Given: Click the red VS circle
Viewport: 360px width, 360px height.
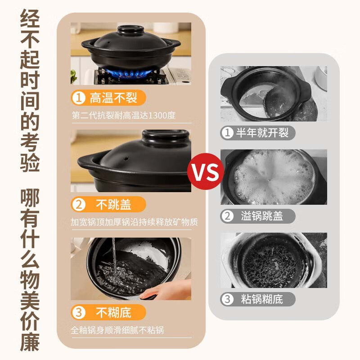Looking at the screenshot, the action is (x=206, y=171).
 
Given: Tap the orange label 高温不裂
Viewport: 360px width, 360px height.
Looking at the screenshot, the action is (x=108, y=98).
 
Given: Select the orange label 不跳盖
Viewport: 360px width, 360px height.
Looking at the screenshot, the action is (x=108, y=204).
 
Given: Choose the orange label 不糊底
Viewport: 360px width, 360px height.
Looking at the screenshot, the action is (x=108, y=312).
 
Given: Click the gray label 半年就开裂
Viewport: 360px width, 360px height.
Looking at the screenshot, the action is (x=257, y=133).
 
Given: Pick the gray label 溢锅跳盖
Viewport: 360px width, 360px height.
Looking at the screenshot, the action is (x=257, y=216).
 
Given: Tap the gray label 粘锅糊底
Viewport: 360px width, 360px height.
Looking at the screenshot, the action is (x=257, y=299).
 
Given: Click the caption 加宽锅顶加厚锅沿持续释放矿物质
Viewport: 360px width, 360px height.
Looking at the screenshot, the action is (x=134, y=222).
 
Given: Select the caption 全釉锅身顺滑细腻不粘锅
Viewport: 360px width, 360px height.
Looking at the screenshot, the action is (x=117, y=330).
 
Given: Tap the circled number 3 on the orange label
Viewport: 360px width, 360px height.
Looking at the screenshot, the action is (x=79, y=312).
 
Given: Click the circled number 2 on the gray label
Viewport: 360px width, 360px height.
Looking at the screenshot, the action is (x=227, y=216).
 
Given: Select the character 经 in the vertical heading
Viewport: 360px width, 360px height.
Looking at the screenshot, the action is (x=30, y=19).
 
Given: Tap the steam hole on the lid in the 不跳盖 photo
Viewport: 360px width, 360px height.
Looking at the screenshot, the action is (x=126, y=159).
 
